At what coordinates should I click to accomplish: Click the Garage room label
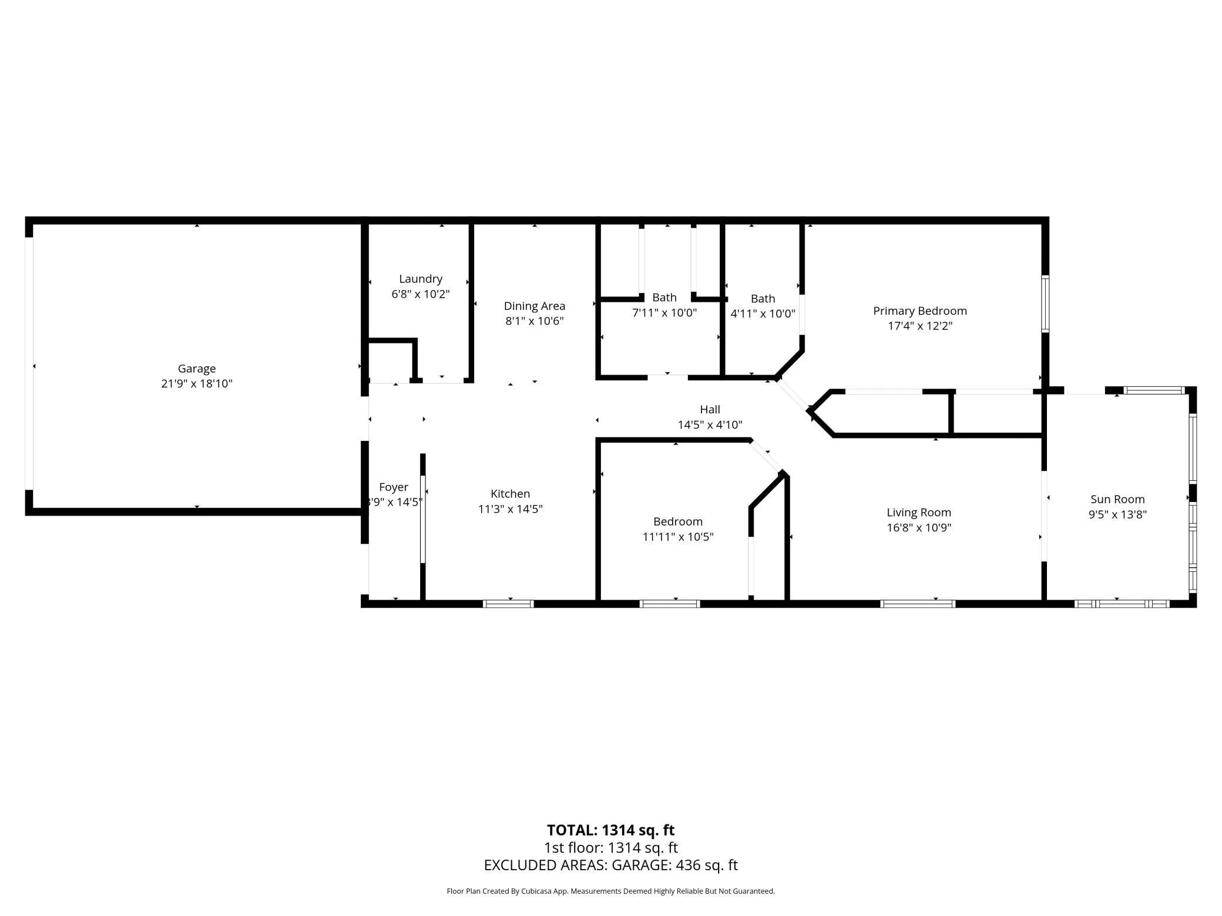197,369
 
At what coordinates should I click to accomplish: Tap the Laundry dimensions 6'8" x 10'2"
421,294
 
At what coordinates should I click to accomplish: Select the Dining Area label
535,306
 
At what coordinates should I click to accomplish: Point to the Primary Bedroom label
920,311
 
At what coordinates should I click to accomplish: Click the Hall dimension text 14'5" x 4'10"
710,425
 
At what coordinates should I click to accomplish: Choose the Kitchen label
511,494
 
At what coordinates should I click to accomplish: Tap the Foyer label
394,487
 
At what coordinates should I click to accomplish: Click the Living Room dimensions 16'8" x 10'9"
919,527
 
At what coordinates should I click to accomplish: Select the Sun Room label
1117,499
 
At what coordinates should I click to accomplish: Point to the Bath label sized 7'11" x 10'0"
664,298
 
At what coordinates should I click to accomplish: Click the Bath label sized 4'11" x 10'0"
763,299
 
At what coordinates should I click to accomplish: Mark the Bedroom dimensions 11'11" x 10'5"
678,537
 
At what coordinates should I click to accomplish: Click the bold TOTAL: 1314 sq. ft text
611,830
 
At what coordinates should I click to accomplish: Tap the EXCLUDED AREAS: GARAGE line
611,865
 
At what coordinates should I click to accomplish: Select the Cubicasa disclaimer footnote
611,891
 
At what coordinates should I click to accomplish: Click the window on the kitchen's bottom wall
508,604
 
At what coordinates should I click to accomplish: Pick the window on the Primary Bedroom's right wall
1045,304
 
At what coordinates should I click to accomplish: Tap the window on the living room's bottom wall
918,604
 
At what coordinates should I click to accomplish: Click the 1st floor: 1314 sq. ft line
611,848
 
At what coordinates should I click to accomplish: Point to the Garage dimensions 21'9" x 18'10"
197,384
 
